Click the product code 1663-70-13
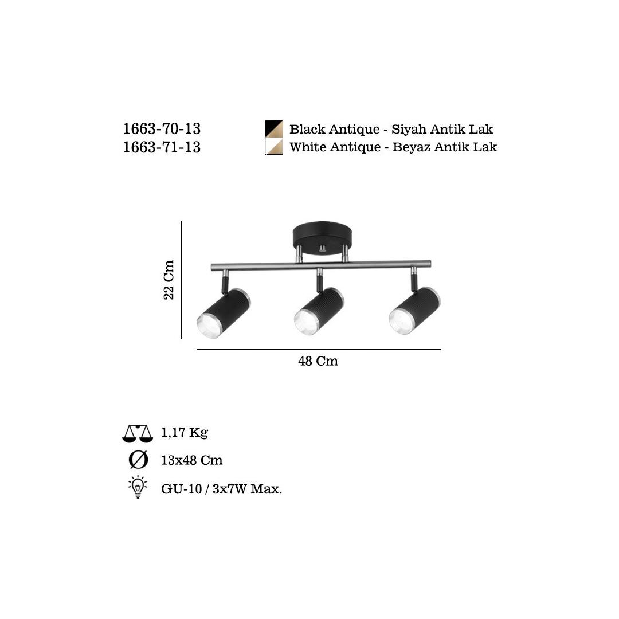click(x=162, y=129)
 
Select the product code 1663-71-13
click(x=162, y=147)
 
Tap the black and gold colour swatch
click(x=274, y=129)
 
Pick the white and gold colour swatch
click(x=274, y=147)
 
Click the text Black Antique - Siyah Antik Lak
click(x=391, y=129)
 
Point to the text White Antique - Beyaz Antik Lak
click(x=393, y=147)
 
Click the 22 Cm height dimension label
click(x=169, y=280)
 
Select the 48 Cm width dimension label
click(x=318, y=361)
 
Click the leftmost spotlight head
click(x=223, y=313)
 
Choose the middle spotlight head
click(x=319, y=311)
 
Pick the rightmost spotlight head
click(x=414, y=311)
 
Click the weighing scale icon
click(x=138, y=433)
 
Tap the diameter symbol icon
click(x=138, y=460)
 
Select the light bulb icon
click(x=138, y=487)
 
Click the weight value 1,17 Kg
click(x=185, y=433)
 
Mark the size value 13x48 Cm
click(x=192, y=460)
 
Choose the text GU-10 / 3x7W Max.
click(x=222, y=489)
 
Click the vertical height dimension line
click(x=181, y=280)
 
